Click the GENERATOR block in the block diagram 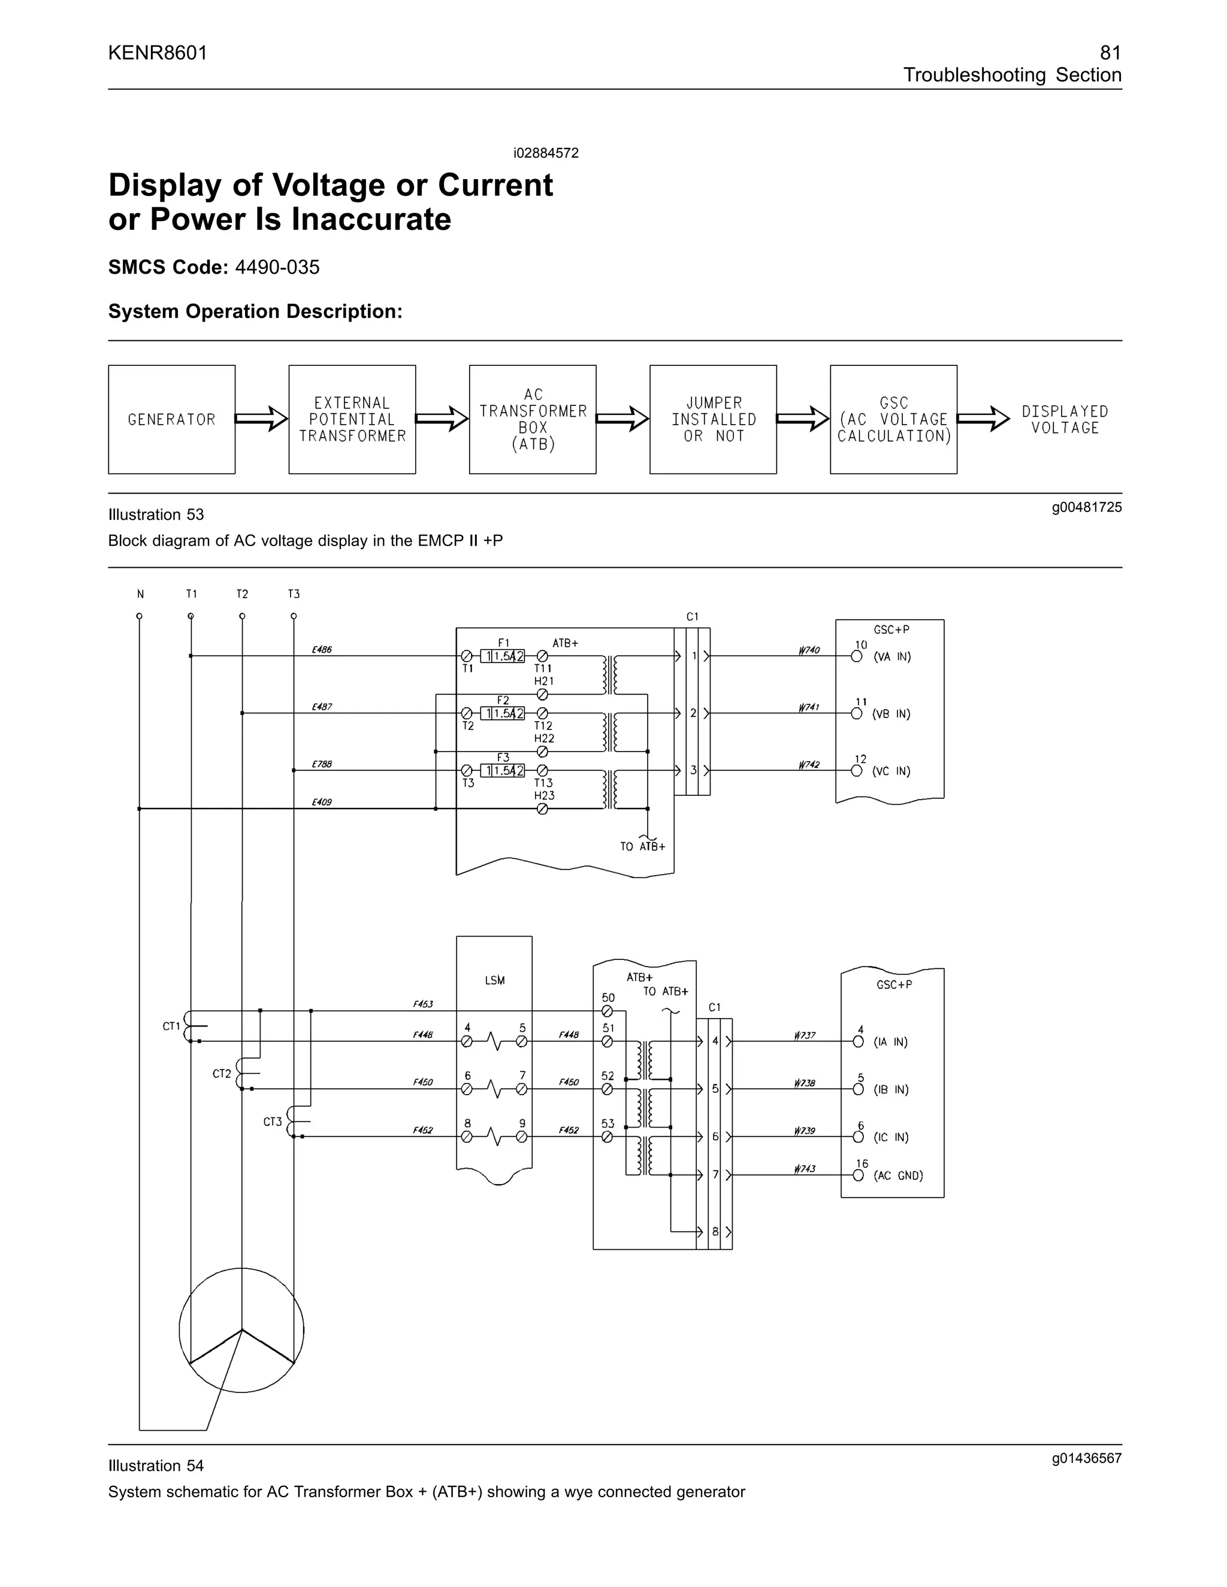(171, 419)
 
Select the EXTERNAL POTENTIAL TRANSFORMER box (352, 419)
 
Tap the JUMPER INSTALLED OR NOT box (712, 419)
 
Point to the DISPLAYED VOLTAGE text (1064, 419)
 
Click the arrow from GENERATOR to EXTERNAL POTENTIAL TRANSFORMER (262, 419)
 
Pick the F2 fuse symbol (502, 714)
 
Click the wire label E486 (321, 650)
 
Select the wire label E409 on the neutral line (321, 802)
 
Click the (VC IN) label (892, 771)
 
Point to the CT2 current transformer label (222, 1073)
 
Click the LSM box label (494, 980)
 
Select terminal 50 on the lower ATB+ (607, 1011)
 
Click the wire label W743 (805, 1168)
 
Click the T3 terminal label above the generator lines (294, 593)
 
